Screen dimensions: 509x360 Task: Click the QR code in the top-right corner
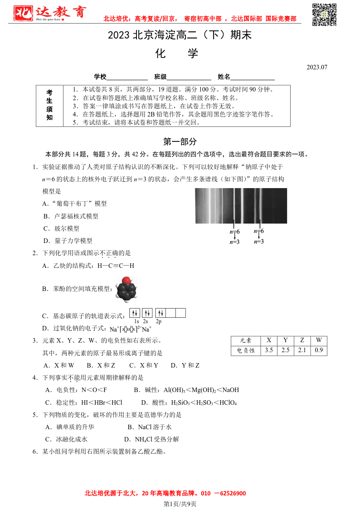pyautogui.click(x=325, y=15)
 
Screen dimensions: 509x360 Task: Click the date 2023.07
pyautogui.click(x=316, y=67)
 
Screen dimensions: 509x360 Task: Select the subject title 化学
pyautogui.click(x=177, y=53)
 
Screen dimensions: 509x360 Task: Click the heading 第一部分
pyautogui.click(x=180, y=141)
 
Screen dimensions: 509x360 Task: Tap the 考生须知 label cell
pyautogui.click(x=49, y=105)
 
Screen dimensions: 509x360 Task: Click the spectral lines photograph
pyautogui.click(x=241, y=206)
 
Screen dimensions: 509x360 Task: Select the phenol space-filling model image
pyautogui.click(x=126, y=288)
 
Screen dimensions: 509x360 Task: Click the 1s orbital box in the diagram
pyautogui.click(x=135, y=313)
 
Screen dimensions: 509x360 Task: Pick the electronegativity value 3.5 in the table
pyautogui.click(x=269, y=350)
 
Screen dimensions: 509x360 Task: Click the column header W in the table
pyautogui.click(x=319, y=340)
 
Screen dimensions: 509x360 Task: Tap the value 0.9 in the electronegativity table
pyautogui.click(x=319, y=350)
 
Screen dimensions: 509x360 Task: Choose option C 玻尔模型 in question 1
pyautogui.click(x=61, y=228)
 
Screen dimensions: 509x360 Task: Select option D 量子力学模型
pyautogui.click(x=68, y=241)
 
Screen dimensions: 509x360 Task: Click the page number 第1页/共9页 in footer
pyautogui.click(x=180, y=504)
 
